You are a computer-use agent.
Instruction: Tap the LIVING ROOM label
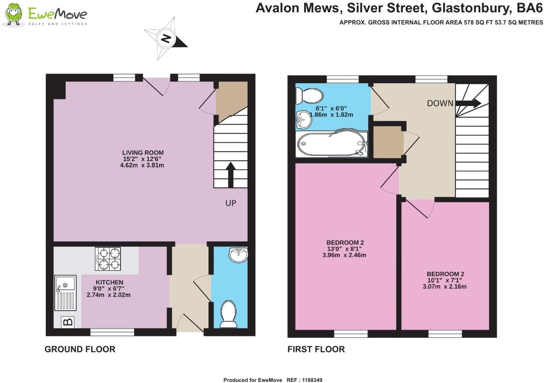[143, 153]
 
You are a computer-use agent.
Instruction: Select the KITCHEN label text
[109, 282]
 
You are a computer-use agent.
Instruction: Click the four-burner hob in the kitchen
[108, 259]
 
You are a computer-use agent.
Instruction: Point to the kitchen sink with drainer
[66, 293]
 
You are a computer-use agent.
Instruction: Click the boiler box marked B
[67, 322]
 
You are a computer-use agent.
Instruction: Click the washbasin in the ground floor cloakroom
[238, 255]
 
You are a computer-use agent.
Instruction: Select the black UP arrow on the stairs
[230, 175]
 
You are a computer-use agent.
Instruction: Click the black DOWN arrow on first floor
[468, 103]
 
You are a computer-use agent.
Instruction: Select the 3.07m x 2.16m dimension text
[444, 286]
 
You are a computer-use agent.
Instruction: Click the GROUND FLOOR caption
[80, 349]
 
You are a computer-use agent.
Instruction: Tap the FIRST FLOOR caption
[316, 349]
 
